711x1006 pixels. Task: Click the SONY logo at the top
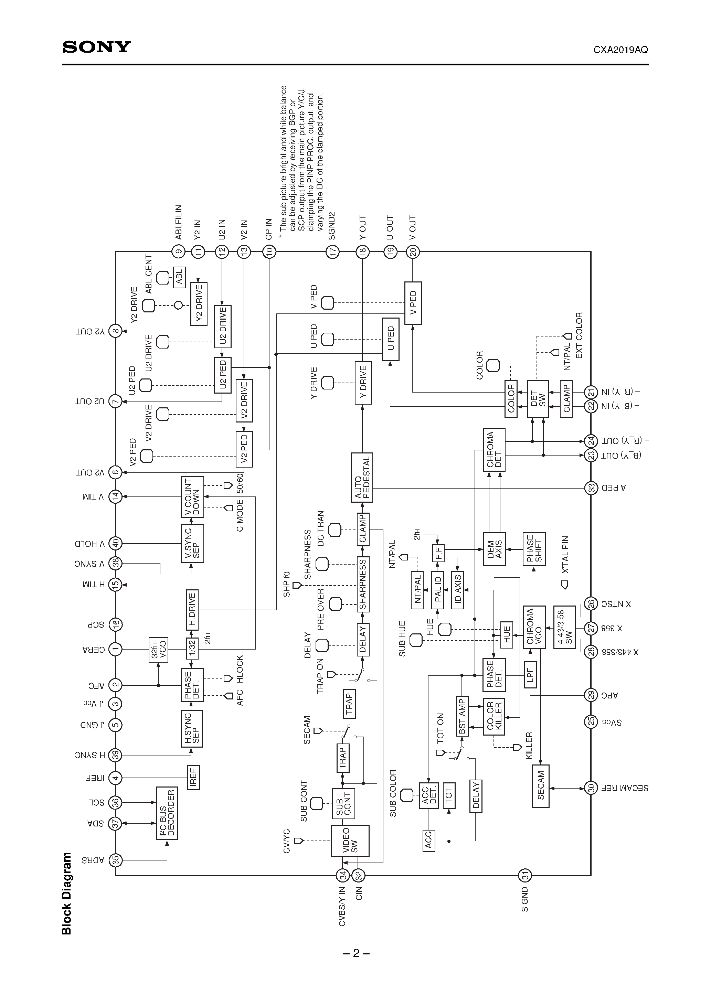(96, 47)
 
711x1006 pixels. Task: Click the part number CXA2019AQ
(620, 50)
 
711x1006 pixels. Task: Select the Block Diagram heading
(67, 893)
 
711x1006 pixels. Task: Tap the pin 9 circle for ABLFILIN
(178, 251)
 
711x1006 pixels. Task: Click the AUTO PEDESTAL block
(362, 478)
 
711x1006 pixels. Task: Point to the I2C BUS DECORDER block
(167, 813)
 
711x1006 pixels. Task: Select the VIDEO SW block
(350, 841)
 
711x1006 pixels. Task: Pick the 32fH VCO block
(158, 649)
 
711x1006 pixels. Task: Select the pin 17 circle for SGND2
(333, 251)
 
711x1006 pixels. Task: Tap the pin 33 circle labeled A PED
(591, 488)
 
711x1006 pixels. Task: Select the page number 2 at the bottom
(356, 953)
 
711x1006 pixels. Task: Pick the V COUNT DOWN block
(192, 497)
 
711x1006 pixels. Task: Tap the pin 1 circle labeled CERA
(115, 649)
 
